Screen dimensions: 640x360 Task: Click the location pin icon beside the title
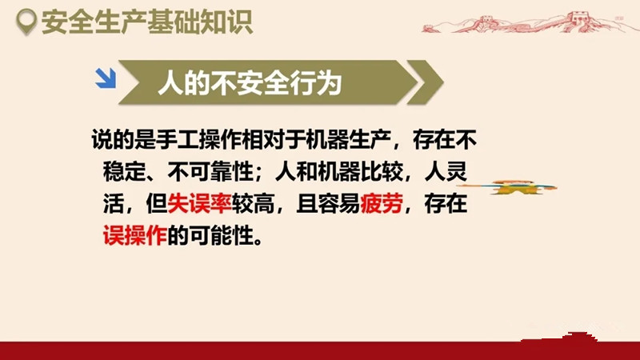[x=26, y=22]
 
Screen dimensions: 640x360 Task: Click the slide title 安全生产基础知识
[x=147, y=22]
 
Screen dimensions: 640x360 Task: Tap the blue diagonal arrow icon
[x=106, y=78]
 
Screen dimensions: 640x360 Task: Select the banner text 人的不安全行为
[x=250, y=83]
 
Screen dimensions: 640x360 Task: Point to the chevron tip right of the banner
[x=443, y=82]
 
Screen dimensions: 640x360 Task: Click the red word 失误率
[x=199, y=203]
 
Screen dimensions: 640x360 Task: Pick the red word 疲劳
[x=382, y=203]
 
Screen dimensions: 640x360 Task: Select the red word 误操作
[x=135, y=235]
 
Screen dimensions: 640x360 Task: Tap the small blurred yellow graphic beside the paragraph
[x=507, y=187]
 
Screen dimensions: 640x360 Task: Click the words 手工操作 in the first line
[x=198, y=139]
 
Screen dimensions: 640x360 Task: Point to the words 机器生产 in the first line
[x=348, y=139]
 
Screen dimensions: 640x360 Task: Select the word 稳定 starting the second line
[x=125, y=171]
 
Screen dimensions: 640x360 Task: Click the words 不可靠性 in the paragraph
[x=210, y=171]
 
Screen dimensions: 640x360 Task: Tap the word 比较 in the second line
[x=382, y=171]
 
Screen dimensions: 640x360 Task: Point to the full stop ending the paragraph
[x=258, y=241]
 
